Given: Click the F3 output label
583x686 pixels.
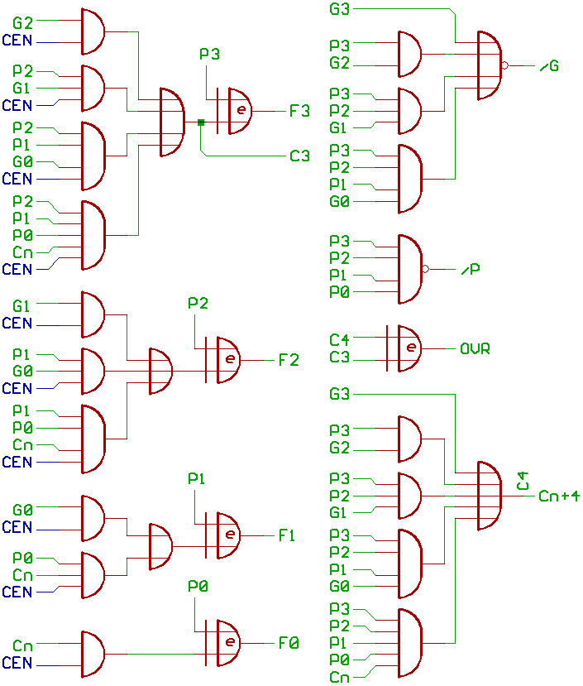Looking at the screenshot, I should (x=299, y=111).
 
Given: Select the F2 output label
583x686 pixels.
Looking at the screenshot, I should (x=289, y=360).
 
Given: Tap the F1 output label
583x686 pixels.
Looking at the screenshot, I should (x=287, y=535).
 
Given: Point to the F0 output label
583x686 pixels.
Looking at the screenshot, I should (x=289, y=642).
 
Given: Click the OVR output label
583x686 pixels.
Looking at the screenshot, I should (x=475, y=349).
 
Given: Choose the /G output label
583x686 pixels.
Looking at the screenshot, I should (x=549, y=65).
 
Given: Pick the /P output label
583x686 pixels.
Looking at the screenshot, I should (x=471, y=270).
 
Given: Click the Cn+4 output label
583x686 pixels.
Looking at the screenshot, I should (x=559, y=497).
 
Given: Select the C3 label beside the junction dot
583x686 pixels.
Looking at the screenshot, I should (x=299, y=156).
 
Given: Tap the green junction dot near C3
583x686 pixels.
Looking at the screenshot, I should (x=201, y=122).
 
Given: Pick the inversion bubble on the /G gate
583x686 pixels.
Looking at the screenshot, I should (x=505, y=65).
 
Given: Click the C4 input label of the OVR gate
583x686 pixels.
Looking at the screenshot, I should (x=340, y=340).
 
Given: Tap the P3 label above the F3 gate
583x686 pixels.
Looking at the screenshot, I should (x=210, y=55).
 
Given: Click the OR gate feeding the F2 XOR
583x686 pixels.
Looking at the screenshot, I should (x=160, y=371).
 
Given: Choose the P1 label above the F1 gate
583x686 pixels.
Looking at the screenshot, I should (x=197, y=479).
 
